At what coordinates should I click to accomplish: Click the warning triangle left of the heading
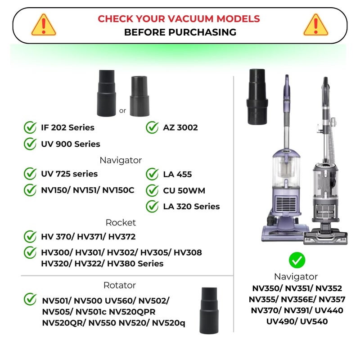44,25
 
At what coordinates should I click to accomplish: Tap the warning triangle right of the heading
316,25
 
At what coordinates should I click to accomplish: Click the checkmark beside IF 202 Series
30,127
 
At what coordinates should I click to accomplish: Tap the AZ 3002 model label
180,127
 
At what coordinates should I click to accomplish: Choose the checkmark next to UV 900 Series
30,144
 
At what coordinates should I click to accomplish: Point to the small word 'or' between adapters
122,111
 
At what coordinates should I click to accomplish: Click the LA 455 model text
177,174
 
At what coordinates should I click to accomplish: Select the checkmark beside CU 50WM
152,190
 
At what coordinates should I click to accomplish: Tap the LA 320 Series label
192,207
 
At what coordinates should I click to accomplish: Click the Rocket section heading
121,222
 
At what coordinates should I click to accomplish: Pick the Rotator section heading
120,285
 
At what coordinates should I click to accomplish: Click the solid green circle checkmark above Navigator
297,260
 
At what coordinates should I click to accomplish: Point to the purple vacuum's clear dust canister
286,170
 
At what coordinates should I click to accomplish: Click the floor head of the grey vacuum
325,238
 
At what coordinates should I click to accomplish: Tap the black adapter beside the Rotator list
209,310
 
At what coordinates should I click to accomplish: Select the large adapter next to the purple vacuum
257,96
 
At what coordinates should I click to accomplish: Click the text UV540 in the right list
314,321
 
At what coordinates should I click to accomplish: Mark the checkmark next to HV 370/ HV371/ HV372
30,237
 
